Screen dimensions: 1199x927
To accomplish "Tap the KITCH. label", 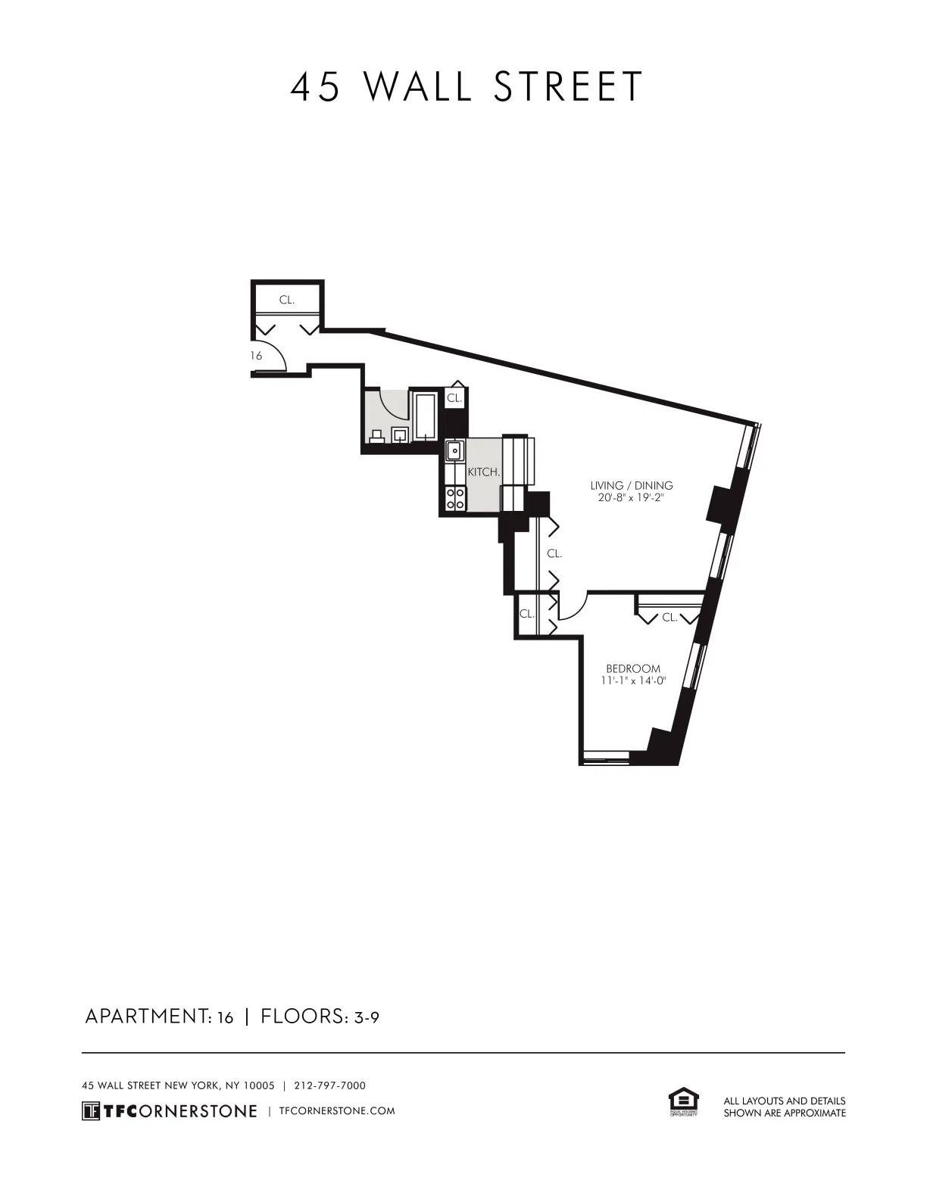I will click(x=483, y=472).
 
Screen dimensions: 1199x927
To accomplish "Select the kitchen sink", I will click(x=454, y=451).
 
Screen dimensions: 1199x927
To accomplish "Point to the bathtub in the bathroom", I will click(x=425, y=416).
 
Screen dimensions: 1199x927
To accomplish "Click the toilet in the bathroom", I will click(x=376, y=435).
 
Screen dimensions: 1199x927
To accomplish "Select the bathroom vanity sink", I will click(x=400, y=434).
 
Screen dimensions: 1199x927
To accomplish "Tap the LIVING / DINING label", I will click(x=631, y=485).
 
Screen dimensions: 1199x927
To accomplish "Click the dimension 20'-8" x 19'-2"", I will click(x=631, y=498).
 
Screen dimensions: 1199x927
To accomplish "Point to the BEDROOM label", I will click(x=632, y=668).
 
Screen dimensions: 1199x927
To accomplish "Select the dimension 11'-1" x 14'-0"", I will click(x=632, y=680).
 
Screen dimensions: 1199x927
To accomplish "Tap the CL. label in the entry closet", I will click(x=286, y=300).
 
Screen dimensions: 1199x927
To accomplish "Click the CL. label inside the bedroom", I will click(x=669, y=618).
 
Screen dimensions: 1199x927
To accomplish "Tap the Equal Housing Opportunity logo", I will click(x=682, y=1101).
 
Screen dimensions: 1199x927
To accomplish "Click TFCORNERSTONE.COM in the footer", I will click(x=337, y=1110).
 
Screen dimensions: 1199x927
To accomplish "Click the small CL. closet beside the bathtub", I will click(x=454, y=398).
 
